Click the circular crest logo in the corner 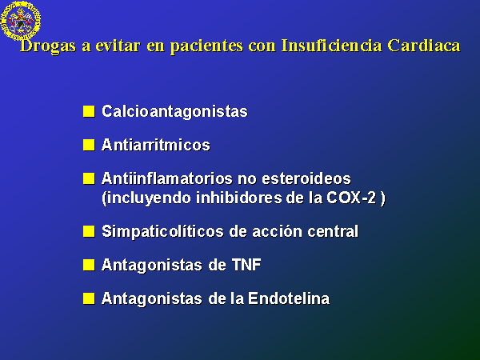pyautogui.click(x=21, y=21)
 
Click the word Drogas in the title pyautogui.click(x=48, y=46)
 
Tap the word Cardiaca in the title pyautogui.click(x=424, y=45)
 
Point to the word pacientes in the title pyautogui.click(x=206, y=46)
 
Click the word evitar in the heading pyautogui.click(x=118, y=46)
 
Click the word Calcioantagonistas pyautogui.click(x=174, y=111)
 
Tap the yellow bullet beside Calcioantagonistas pyautogui.click(x=89, y=111)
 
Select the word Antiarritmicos pyautogui.click(x=156, y=145)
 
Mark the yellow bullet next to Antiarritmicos pyautogui.click(x=89, y=145)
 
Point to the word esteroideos pyautogui.click(x=306, y=178)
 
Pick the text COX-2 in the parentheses pyautogui.click(x=351, y=198)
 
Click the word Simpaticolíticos pyautogui.click(x=162, y=231)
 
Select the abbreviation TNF pyautogui.click(x=246, y=265)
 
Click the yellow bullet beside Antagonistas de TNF pyautogui.click(x=89, y=265)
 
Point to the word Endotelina pyautogui.click(x=289, y=298)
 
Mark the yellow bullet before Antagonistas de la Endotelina pyautogui.click(x=89, y=298)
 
